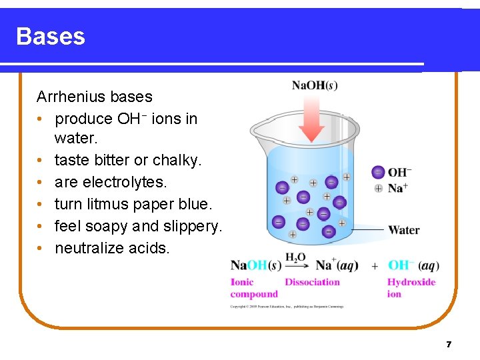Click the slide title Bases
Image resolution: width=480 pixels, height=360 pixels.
pos(51,36)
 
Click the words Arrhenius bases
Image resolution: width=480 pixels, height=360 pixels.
pos(94,97)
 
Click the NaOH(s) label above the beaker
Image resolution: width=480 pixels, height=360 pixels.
pos(315,85)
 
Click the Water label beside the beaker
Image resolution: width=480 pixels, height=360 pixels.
pos(403,230)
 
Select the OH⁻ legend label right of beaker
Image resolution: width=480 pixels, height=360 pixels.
pos(399,173)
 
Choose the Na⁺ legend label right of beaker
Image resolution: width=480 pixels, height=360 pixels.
pos(397,188)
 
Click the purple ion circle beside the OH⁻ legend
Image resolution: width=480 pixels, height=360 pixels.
pos(378,172)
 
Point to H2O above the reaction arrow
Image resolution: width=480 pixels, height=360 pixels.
pos(295,257)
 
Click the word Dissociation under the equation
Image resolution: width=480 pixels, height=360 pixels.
pos(312,282)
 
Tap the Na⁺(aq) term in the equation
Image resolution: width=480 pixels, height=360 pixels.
pos(336,265)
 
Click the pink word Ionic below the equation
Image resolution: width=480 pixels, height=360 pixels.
pos(242,282)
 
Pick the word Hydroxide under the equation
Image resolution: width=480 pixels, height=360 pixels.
pos(411,282)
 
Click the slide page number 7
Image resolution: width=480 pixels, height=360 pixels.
pos(449,345)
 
